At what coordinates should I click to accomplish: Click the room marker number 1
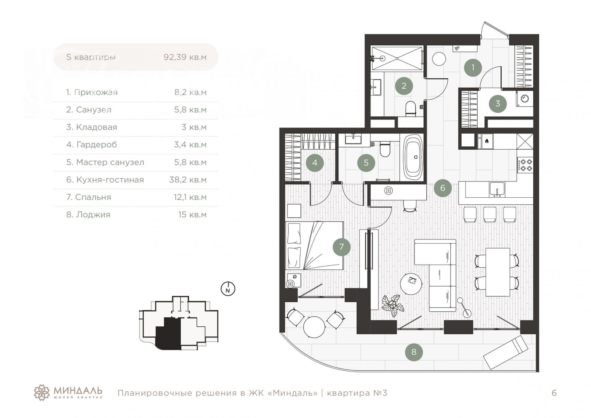pos(472,68)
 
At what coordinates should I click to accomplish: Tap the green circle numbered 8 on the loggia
pos(414,352)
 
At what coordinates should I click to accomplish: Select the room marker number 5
pos(366,163)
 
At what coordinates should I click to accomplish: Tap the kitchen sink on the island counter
pos(497,189)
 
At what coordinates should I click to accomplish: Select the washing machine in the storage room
pos(525,99)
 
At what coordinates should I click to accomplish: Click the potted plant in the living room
pos(392,305)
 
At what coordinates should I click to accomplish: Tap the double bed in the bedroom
pos(314,245)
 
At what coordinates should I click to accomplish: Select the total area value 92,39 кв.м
pos(185,57)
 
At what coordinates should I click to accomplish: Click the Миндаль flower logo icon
pos(42,392)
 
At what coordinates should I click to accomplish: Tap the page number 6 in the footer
pos(554,393)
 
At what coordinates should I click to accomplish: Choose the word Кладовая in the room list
pos(96,128)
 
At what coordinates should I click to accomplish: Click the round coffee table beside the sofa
pos(411,283)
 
